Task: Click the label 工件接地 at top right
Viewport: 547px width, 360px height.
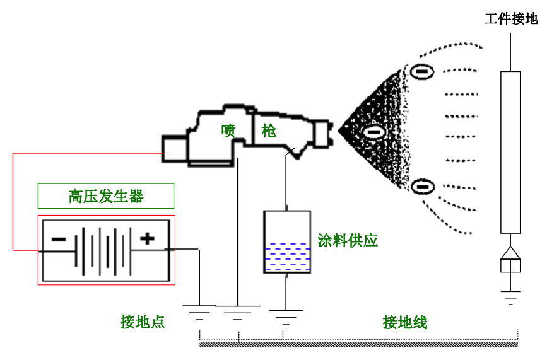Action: click(x=510, y=19)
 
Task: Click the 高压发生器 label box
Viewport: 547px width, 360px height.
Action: click(x=105, y=196)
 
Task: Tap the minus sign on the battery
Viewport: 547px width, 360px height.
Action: click(x=58, y=239)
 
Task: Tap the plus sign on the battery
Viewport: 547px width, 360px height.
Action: click(x=146, y=238)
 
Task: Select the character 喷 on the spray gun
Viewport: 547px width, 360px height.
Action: click(x=228, y=131)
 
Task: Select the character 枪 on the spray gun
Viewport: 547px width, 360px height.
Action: click(x=269, y=131)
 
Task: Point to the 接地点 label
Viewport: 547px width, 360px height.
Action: click(x=143, y=322)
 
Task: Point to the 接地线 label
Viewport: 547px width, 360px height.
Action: click(x=405, y=323)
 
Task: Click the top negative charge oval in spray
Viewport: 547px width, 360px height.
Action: click(x=422, y=72)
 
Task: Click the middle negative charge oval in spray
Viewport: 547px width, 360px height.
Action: click(x=373, y=132)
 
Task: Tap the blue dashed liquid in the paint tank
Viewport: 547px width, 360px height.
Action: click(x=286, y=257)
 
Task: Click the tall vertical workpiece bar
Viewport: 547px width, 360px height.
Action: click(x=510, y=151)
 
